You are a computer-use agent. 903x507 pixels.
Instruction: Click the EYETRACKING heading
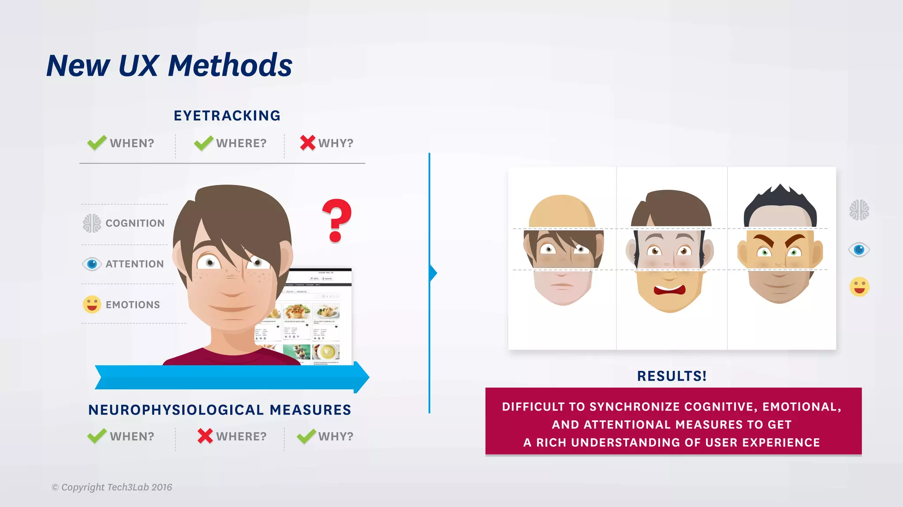coord(227,115)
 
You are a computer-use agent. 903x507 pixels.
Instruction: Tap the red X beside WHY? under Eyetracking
coord(308,143)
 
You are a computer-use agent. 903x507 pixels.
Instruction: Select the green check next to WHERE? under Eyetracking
coord(203,143)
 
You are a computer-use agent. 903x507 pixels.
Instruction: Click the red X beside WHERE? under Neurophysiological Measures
coord(205,436)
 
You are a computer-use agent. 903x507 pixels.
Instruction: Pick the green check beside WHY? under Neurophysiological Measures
coord(306,436)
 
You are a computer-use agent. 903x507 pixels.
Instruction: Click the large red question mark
coord(336,220)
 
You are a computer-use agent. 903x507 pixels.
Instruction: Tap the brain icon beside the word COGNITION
coord(92,223)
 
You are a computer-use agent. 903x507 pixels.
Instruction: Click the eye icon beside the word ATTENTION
coord(92,264)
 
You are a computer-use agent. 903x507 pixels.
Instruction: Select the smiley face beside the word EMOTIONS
coord(92,304)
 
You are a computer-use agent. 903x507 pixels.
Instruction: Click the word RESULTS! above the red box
coord(672,376)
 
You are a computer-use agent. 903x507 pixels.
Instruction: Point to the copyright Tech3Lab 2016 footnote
coord(112,487)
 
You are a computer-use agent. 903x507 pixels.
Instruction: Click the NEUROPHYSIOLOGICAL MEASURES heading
coord(220,410)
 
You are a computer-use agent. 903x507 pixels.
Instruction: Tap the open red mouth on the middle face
coord(669,290)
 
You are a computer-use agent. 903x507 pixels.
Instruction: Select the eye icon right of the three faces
coord(859,250)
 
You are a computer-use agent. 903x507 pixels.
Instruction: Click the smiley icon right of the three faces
coord(859,287)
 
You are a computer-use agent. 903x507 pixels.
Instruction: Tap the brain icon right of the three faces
coord(859,210)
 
